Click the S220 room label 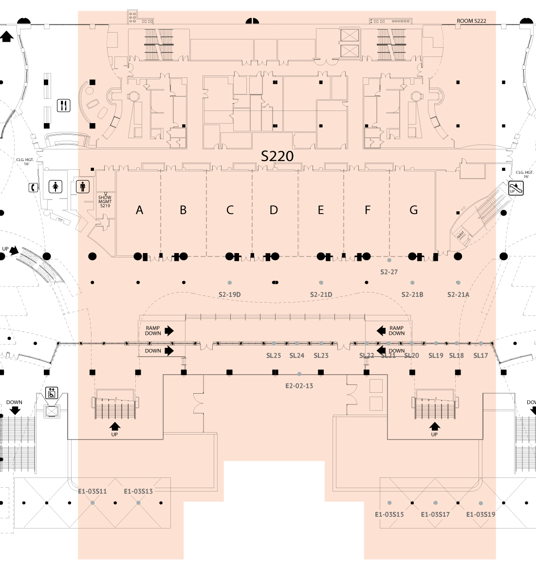[x=277, y=156]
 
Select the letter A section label [x=140, y=210]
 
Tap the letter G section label [x=413, y=210]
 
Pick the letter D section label [x=274, y=210]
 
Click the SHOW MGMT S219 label [x=105, y=201]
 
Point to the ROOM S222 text [x=471, y=21]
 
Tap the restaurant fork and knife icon [x=64, y=105]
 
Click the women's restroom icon [x=56, y=186]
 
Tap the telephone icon [x=33, y=187]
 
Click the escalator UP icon [x=516, y=188]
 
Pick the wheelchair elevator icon [x=52, y=392]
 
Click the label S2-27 [x=389, y=272]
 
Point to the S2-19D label [x=230, y=294]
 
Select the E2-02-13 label [x=299, y=386]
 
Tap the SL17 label [x=481, y=356]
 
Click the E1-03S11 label [x=92, y=491]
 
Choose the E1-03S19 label [x=481, y=514]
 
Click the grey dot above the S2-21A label [x=458, y=283]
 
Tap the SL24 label [x=297, y=356]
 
